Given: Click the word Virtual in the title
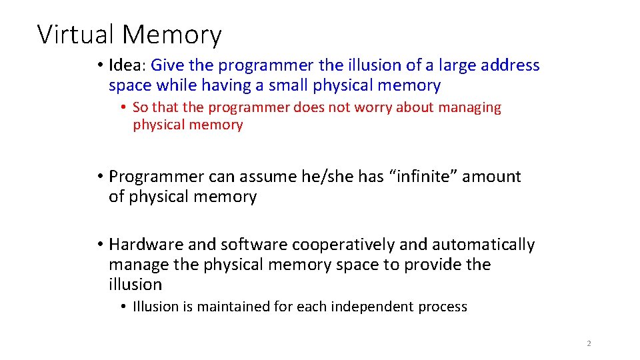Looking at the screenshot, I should pyautogui.click(x=77, y=35).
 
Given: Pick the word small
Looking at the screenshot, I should pyautogui.click(x=288, y=85).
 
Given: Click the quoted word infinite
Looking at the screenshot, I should pyautogui.click(x=408, y=177).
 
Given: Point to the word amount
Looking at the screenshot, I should pyautogui.click(x=492, y=177).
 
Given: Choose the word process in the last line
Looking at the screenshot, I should pyautogui.click(x=443, y=307).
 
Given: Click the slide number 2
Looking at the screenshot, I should pyautogui.click(x=589, y=343).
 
